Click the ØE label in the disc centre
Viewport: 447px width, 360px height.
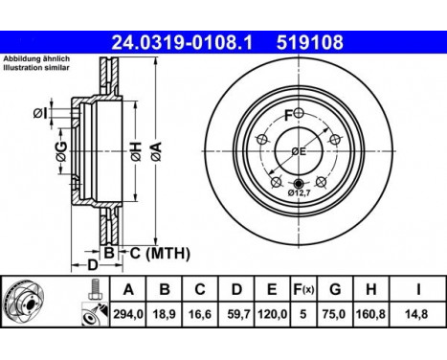click(299, 152)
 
